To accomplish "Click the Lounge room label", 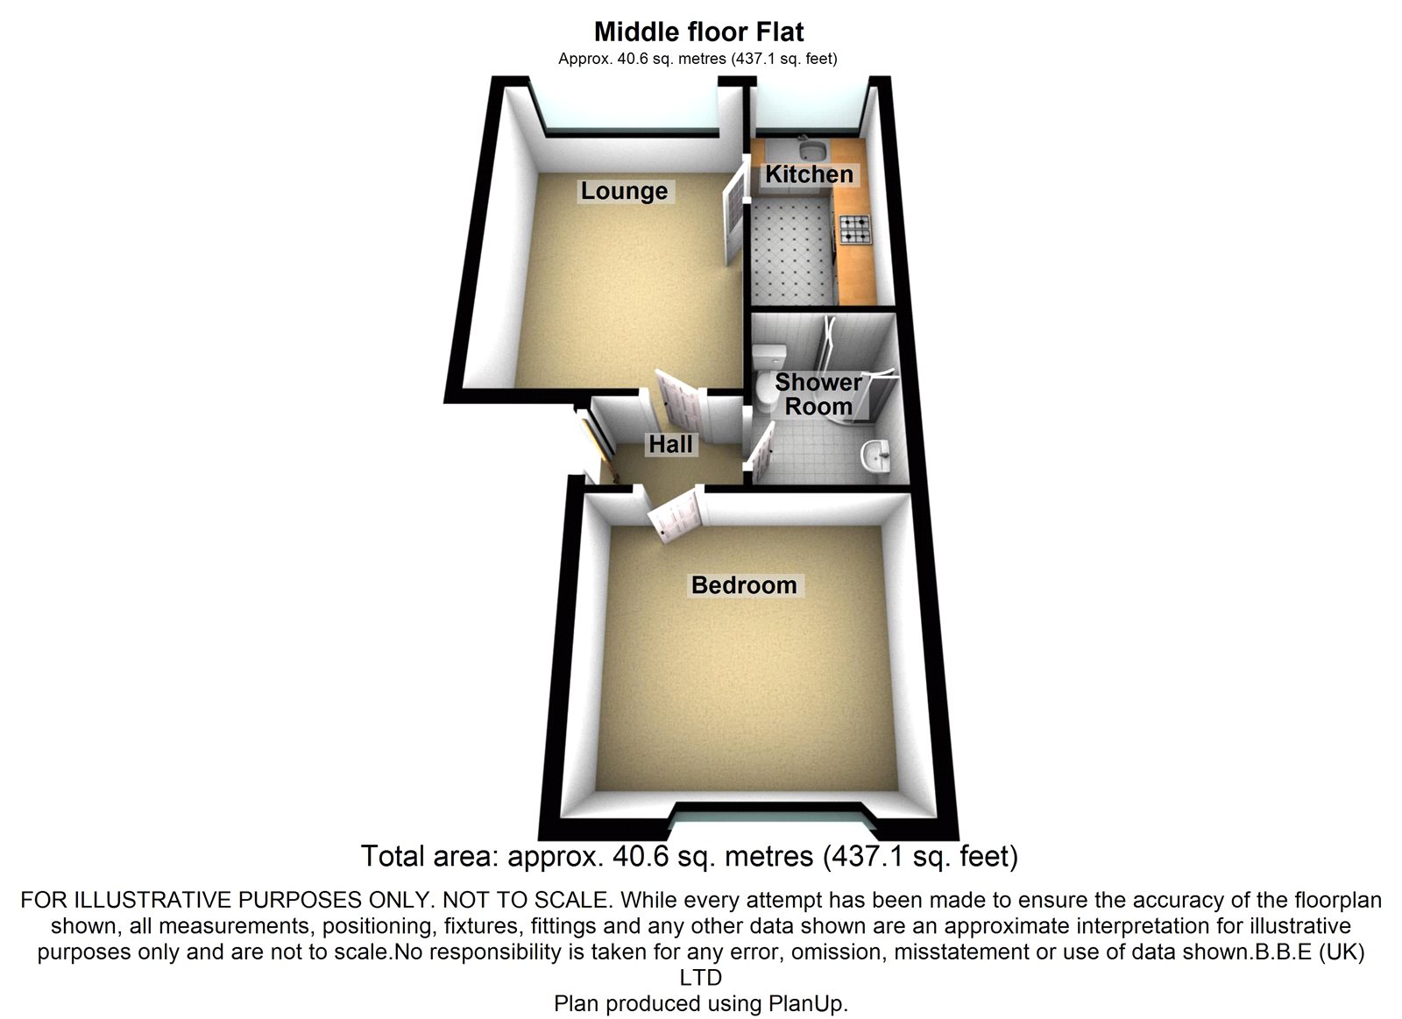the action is pyautogui.click(x=624, y=191).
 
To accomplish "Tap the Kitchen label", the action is pyautogui.click(x=809, y=174).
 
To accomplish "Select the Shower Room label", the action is pyautogui.click(x=818, y=394).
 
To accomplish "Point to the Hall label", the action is pyautogui.click(x=670, y=444).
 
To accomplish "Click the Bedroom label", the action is pyautogui.click(x=744, y=585).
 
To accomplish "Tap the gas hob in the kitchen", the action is pyautogui.click(x=854, y=230).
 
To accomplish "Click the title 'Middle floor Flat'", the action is pyautogui.click(x=698, y=32).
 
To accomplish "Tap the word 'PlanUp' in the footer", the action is pyautogui.click(x=807, y=1004).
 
